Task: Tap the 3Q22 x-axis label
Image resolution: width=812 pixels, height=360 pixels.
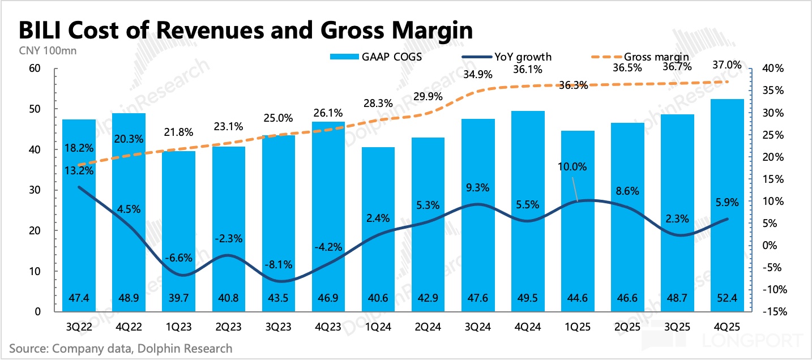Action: click(79, 327)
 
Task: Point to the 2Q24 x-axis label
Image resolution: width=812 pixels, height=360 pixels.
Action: click(428, 327)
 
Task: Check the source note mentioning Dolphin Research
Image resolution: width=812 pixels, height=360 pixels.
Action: click(121, 348)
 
